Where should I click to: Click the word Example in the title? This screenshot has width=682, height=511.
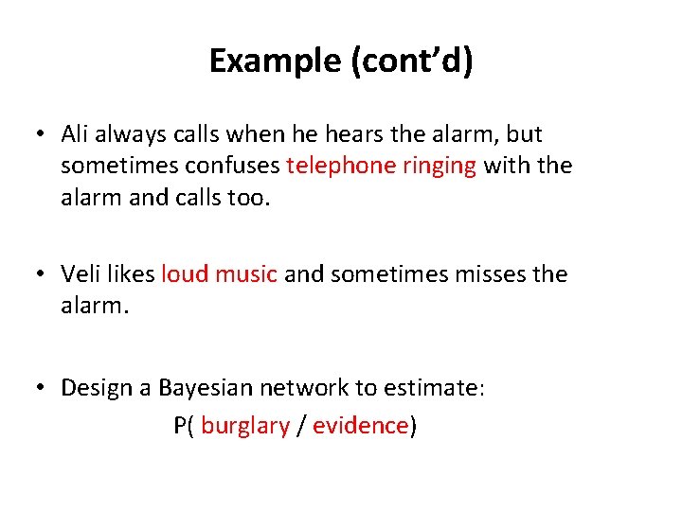click(276, 61)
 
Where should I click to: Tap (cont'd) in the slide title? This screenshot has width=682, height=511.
click(412, 61)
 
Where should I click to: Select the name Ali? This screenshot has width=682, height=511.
click(76, 134)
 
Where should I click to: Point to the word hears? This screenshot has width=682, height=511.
click(344, 134)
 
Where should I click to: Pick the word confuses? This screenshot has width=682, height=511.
click(236, 166)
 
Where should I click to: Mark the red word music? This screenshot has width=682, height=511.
click(246, 274)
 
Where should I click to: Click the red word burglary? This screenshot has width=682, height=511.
click(245, 426)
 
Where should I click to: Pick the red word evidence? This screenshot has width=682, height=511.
click(360, 426)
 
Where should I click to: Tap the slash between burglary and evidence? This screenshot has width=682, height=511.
click(301, 426)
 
